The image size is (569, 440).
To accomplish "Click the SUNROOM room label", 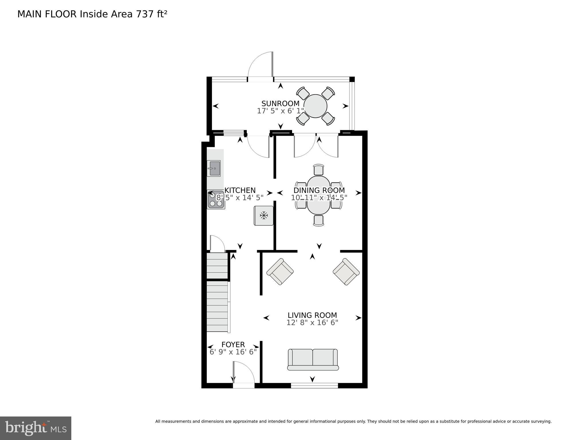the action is [280, 103].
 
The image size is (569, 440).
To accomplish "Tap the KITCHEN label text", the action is [240, 190].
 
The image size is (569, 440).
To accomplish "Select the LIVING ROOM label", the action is [312, 315].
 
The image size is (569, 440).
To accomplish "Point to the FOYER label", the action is [233, 345].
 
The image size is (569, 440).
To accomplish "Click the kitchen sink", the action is [214, 168].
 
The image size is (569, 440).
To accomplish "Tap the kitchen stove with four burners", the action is [216, 200].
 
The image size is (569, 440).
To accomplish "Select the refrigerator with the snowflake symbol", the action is [263, 216].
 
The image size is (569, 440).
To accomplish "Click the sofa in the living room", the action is [313, 359].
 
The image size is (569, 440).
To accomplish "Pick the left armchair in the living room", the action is [280, 271].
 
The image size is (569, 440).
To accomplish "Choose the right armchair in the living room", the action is [346, 272].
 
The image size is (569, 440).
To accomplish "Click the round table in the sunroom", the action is [315, 106].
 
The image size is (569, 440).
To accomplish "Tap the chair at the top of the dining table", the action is [318, 169].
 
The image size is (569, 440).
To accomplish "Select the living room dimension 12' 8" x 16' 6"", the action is [312, 323].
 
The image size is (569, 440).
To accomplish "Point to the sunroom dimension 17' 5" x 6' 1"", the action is [280, 111].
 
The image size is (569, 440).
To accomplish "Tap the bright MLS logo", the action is [36, 428].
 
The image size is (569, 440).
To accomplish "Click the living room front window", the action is [314, 386].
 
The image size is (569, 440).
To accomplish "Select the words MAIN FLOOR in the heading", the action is [47, 14].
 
